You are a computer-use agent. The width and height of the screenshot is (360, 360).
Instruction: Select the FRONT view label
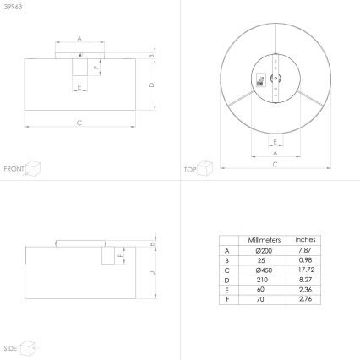click(x=14, y=169)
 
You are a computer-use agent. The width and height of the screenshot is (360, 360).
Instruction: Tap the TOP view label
click(x=190, y=169)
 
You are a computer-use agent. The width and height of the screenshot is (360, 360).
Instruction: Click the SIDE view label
click(x=10, y=347)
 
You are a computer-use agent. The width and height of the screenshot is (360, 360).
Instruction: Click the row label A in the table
click(x=226, y=250)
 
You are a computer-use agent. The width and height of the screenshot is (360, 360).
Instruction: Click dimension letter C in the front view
click(x=79, y=123)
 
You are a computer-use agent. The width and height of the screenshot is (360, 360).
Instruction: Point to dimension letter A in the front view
click(x=79, y=39)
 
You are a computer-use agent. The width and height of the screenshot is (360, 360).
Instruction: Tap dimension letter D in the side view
click(x=150, y=272)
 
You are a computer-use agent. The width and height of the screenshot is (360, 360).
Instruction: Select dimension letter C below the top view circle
click(x=275, y=164)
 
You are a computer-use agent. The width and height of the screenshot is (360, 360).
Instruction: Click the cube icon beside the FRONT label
click(x=33, y=167)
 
